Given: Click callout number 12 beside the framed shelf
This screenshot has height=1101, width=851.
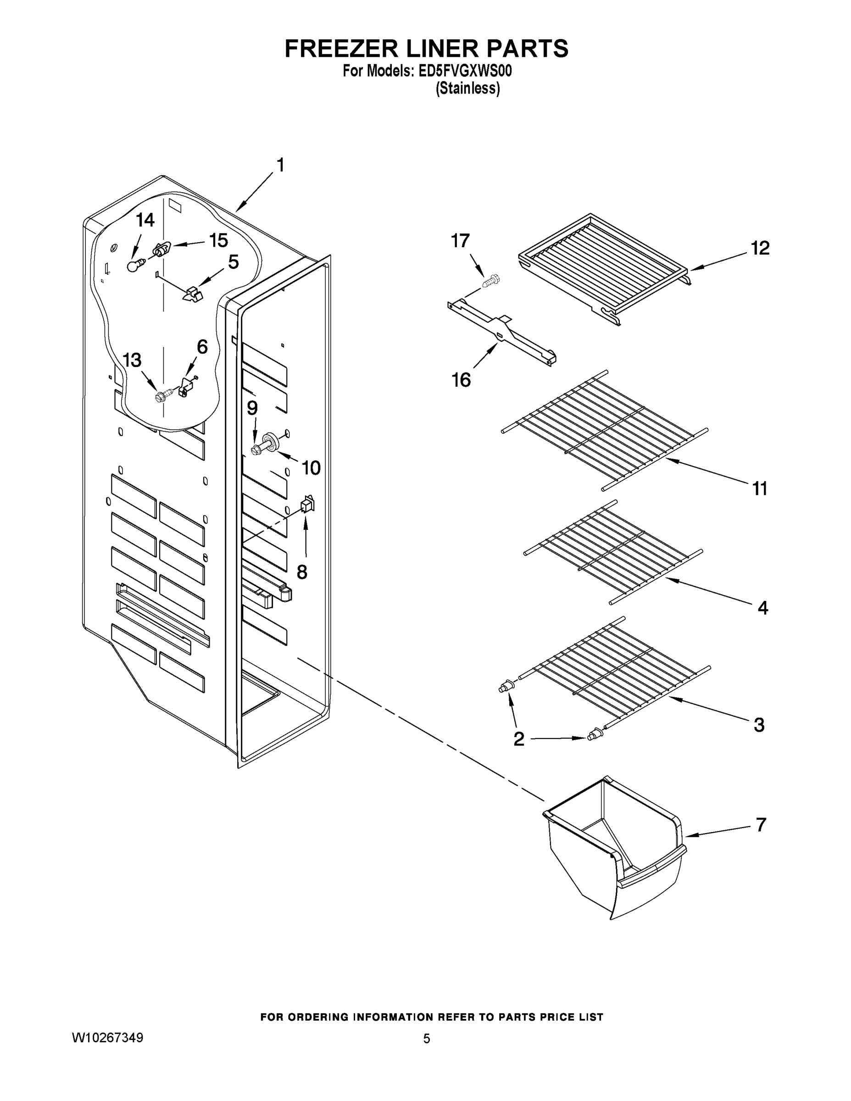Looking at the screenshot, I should [760, 248].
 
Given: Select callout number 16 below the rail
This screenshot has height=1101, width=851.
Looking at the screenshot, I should [461, 379].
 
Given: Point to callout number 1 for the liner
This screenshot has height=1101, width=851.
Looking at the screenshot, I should [281, 165].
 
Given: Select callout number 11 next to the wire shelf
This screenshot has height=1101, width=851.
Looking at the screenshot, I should [760, 488].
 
